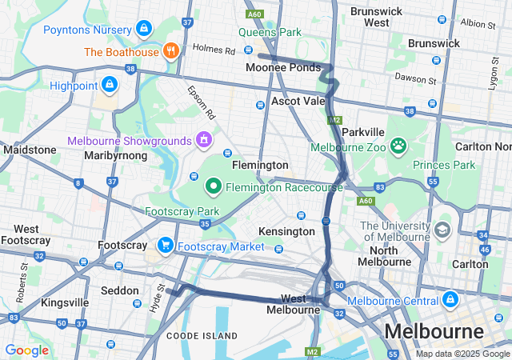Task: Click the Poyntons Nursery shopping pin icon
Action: coord(144,29)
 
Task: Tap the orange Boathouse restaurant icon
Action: coord(170,51)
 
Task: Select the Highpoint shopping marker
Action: coord(108,84)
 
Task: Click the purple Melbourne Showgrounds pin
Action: coord(204,140)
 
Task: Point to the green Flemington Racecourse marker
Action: coord(214,187)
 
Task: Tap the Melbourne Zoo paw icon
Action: coord(398,146)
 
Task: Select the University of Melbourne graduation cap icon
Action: coord(442,230)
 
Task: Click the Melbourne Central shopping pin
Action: coord(450,300)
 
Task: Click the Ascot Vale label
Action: coord(298,102)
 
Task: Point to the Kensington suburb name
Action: coord(286,231)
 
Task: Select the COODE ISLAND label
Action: coord(202,335)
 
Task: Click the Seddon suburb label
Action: coord(118,290)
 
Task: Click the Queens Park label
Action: coord(270,33)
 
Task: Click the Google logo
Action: coord(27,350)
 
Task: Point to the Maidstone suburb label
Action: coord(30,150)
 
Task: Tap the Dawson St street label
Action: coord(415,78)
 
